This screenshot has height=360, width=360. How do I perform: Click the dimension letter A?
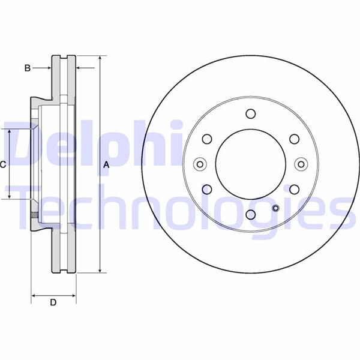pos(107,164)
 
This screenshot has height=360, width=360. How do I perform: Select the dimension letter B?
pos(27,68)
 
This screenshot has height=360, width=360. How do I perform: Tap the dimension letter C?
pos(3,164)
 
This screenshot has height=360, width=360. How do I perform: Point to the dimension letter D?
pos(53,303)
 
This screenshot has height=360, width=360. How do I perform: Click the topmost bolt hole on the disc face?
pos(250,114)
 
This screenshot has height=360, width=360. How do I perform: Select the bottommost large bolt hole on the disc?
pos(250,215)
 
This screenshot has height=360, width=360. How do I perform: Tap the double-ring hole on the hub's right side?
pos(301,164)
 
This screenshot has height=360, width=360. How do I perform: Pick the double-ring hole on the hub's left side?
pos(200,164)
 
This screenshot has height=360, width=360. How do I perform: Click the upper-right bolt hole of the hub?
pos(294,139)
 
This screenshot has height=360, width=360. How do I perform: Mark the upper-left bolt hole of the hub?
pos(207,139)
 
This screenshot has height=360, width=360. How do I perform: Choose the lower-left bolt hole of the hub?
pos(207,190)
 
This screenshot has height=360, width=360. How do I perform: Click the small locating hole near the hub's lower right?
pos(275,208)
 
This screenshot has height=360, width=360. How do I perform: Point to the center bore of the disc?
pos(250,164)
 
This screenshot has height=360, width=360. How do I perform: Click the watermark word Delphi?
pos(90,144)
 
